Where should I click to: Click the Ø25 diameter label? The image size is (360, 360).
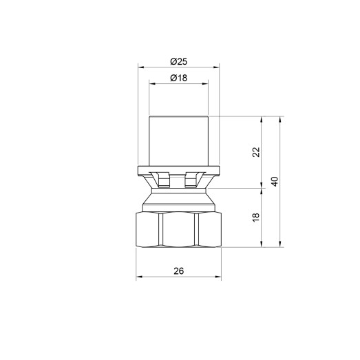tap(179, 61)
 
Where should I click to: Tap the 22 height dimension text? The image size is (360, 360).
tap(255, 151)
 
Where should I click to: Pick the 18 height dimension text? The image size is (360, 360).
tap(255, 217)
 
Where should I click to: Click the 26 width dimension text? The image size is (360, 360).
tap(179, 271)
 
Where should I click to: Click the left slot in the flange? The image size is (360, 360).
tap(162, 179)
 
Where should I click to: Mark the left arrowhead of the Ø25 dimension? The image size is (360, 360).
tap(140, 67)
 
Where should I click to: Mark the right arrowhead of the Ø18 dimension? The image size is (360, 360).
tap(205, 84)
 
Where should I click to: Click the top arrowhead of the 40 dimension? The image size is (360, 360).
tap(280, 118)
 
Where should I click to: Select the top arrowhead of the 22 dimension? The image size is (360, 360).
tap(262, 118)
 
